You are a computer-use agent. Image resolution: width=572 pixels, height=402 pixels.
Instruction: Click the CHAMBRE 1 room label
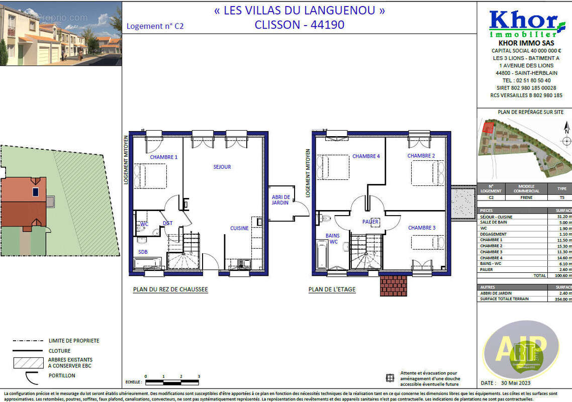point(163,157)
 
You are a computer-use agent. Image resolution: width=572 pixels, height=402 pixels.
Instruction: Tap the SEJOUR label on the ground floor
point(222,167)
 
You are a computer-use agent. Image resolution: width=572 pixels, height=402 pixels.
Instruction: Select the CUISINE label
point(239,228)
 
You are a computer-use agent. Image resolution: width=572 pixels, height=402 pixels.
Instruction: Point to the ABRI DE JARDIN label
point(279,199)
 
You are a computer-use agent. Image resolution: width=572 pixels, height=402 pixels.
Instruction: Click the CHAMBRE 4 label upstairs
point(366,156)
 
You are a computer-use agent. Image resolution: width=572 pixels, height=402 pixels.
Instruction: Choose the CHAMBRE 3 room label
point(421,228)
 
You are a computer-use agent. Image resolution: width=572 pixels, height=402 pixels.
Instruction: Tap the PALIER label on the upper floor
point(370,222)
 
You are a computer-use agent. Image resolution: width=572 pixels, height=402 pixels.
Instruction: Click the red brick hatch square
point(393,285)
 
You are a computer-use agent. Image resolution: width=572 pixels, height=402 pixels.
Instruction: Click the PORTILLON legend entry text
point(62,375)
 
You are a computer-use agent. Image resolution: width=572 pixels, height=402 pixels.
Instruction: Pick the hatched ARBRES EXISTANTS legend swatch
point(28,363)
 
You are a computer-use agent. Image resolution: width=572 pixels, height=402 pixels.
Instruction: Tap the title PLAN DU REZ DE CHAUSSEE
point(170,289)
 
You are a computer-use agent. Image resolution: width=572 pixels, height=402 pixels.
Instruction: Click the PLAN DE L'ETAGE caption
point(332,289)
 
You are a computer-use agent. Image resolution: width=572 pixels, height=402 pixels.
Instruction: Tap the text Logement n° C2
point(155,26)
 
